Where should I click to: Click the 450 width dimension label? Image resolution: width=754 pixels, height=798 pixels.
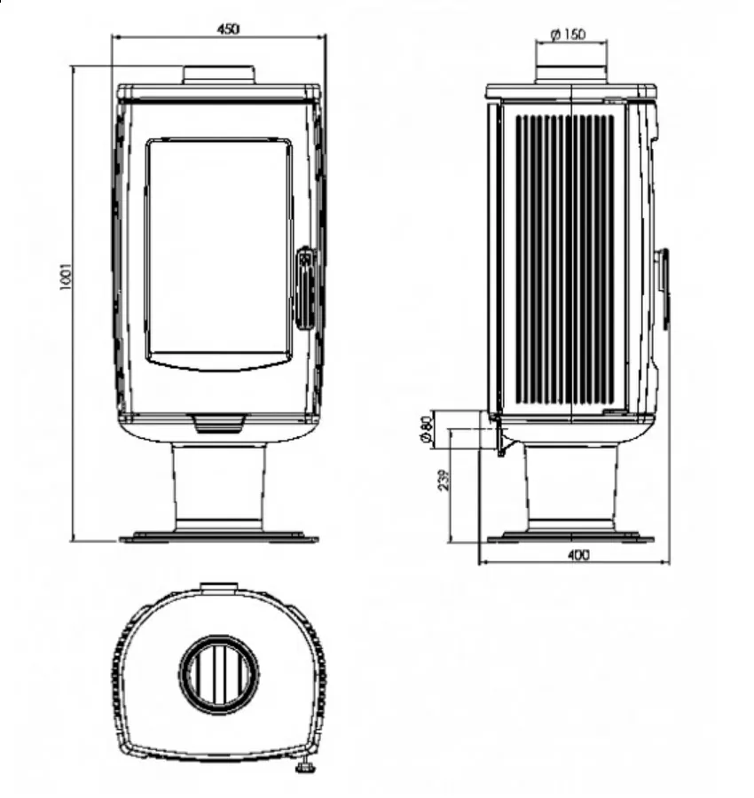pyautogui.click(x=228, y=29)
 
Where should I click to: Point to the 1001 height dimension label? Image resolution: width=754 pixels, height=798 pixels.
pyautogui.click(x=67, y=277)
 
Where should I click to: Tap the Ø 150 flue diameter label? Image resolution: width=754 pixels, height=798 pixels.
pyautogui.click(x=569, y=35)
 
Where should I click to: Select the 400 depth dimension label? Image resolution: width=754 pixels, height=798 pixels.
pyautogui.click(x=577, y=555)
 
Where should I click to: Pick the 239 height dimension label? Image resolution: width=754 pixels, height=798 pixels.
pyautogui.click(x=444, y=480)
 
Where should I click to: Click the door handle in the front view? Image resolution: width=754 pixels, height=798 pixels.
pyautogui.click(x=305, y=288)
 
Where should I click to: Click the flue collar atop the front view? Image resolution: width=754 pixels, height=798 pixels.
pyautogui.click(x=219, y=74)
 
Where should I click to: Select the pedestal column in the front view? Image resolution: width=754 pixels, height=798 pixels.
pyautogui.click(x=219, y=486)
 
